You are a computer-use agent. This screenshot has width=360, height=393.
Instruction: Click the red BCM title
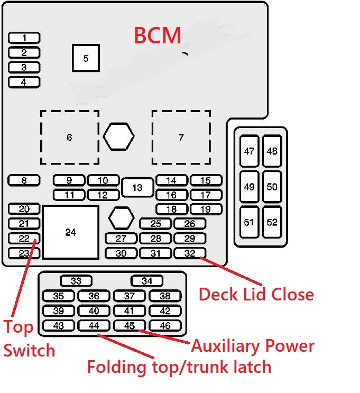[158, 35]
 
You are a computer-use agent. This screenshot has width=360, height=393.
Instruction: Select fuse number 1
[24, 38]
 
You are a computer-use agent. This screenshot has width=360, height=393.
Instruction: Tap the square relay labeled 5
[86, 58]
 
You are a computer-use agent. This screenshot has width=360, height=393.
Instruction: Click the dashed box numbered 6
[70, 138]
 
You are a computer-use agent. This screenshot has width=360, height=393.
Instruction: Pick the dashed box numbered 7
[181, 138]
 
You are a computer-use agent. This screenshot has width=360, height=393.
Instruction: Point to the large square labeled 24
[71, 232]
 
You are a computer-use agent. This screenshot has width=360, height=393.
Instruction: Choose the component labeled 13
[137, 188]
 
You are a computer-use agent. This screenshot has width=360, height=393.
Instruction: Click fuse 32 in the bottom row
[190, 253]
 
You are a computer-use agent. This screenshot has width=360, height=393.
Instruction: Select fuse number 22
[24, 239]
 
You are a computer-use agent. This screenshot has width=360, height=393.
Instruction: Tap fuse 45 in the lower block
[130, 326]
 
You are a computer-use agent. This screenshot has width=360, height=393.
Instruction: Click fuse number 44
[94, 326]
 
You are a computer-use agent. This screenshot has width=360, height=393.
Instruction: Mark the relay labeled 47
[249, 151]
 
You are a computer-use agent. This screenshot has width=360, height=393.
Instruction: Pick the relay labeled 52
[272, 222]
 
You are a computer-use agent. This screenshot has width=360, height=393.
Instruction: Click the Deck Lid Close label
[256, 294]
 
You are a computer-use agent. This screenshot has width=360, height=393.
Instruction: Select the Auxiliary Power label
[253, 346]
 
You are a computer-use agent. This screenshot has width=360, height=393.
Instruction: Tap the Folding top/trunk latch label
[179, 366]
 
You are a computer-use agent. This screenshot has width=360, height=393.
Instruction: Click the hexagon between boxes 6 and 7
[118, 137]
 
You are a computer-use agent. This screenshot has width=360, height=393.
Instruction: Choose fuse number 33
[76, 281]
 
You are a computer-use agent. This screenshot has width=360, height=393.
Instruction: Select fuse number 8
[24, 181]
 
